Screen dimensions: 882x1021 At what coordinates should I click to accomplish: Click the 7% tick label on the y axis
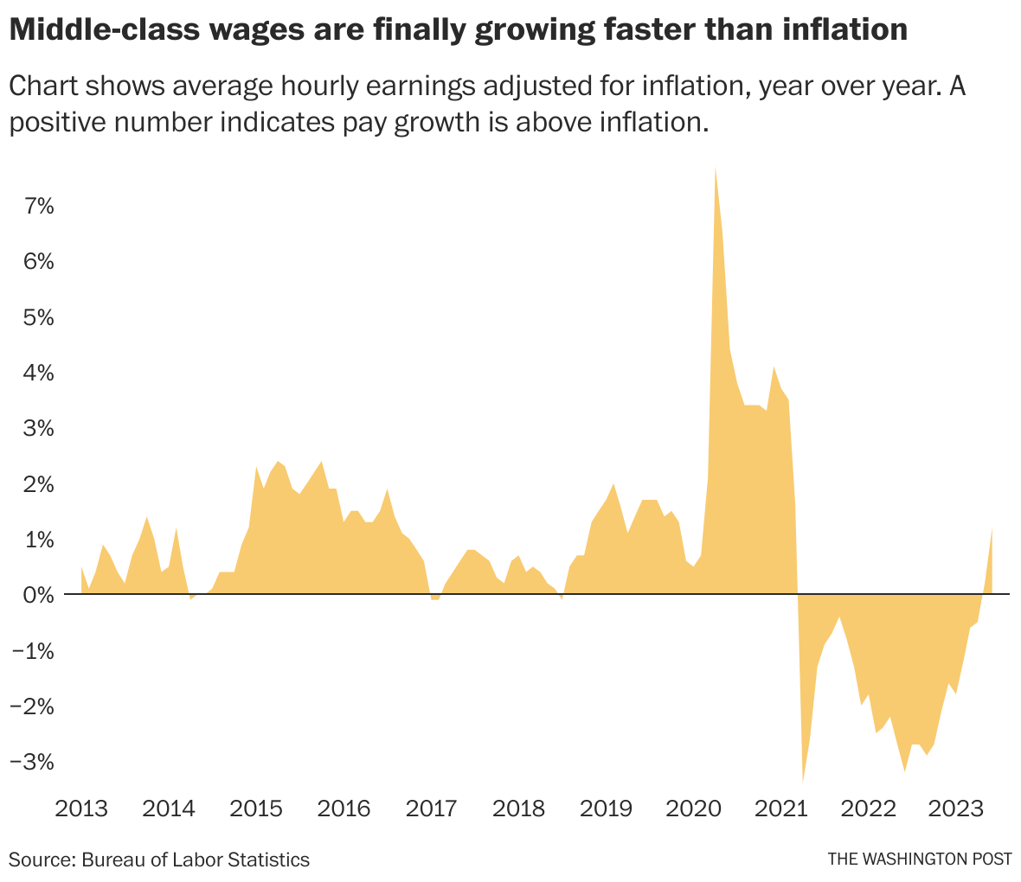click(39, 206)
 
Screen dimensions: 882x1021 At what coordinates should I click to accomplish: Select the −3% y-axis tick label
click(32, 762)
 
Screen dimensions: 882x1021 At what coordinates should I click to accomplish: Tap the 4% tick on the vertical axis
click(39, 373)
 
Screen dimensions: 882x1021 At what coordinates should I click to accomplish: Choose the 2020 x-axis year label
click(694, 809)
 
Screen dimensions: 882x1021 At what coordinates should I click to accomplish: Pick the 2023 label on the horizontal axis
click(956, 809)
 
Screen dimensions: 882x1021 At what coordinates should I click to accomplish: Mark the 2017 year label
click(431, 809)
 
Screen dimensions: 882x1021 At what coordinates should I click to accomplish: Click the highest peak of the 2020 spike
click(716, 168)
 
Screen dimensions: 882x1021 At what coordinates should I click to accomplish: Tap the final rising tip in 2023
click(992, 529)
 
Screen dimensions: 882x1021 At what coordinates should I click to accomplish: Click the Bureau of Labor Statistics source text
click(196, 860)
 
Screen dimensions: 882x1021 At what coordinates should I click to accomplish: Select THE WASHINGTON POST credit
click(920, 860)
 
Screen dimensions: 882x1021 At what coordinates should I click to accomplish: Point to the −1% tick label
click(32, 650)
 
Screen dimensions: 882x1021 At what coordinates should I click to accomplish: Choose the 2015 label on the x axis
click(256, 809)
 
